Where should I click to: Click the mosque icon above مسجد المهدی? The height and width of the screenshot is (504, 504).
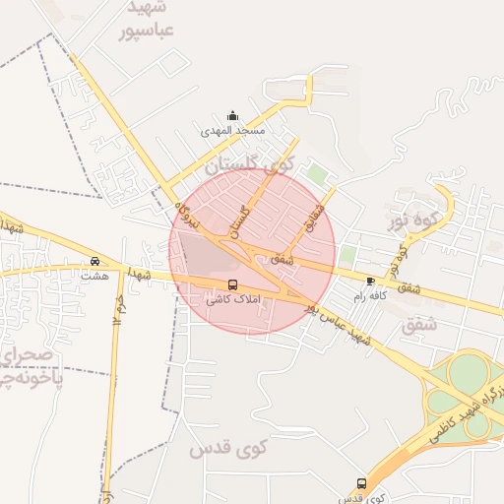(232, 115)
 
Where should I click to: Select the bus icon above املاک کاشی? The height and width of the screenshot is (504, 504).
(232, 285)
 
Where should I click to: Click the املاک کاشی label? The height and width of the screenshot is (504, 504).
(231, 299)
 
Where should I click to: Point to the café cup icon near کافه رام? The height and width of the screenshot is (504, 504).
(370, 281)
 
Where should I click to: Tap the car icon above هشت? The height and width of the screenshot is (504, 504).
(94, 262)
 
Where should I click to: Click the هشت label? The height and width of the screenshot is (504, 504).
(94, 277)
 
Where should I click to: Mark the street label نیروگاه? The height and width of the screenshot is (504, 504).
(186, 215)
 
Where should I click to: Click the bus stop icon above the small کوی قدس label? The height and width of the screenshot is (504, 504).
(361, 484)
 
